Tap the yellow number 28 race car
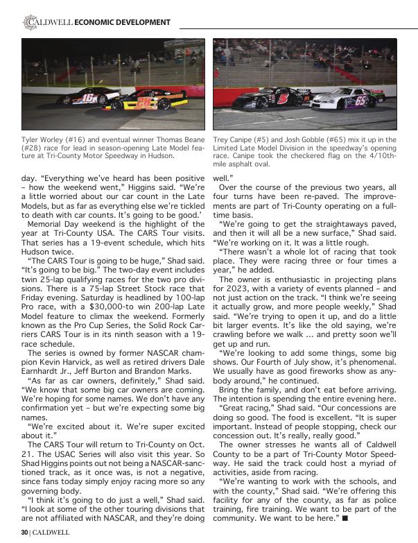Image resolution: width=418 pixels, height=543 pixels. click(x=146, y=103)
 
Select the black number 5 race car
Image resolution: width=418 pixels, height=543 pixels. click(x=277, y=98)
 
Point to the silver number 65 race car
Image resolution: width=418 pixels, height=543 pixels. click(x=345, y=98)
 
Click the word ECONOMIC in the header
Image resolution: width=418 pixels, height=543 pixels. click(x=96, y=23)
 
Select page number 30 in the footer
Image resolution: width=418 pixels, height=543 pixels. click(x=25, y=533)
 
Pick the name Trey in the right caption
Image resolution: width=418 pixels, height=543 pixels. click(x=223, y=140)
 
